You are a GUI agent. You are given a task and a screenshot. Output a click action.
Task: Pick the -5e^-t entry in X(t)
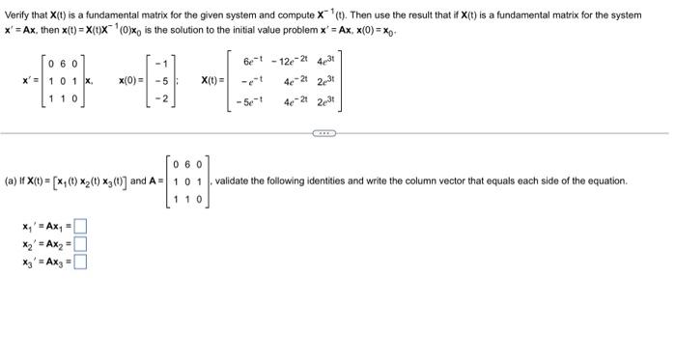[x=251, y=99]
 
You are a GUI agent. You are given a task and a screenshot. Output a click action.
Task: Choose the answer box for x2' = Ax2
[x=81, y=244]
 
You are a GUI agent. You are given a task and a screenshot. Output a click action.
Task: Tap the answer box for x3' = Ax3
[x=81, y=260]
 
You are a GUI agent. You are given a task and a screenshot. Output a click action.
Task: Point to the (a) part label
[x=12, y=180]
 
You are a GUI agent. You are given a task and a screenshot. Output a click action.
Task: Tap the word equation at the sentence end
[x=606, y=180]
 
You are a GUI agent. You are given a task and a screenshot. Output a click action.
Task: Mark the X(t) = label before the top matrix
[x=212, y=81]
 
